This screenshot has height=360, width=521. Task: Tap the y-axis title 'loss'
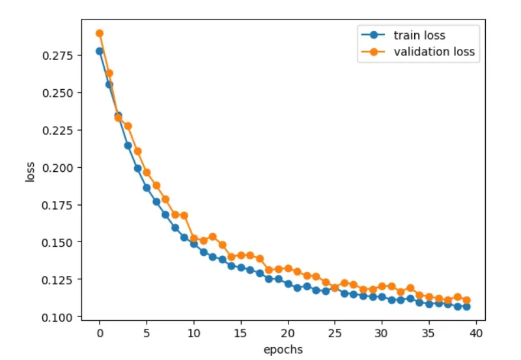pos(30,171)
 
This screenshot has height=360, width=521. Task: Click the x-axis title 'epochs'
pos(283,350)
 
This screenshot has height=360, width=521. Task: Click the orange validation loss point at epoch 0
pos(100,33)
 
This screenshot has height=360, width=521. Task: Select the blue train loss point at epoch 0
pos(100,51)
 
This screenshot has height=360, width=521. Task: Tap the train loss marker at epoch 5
pos(147,187)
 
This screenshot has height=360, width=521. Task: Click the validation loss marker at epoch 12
pos(212,236)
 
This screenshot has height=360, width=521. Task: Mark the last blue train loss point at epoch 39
pos(466,306)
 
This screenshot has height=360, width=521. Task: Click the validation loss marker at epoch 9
pos(184,215)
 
